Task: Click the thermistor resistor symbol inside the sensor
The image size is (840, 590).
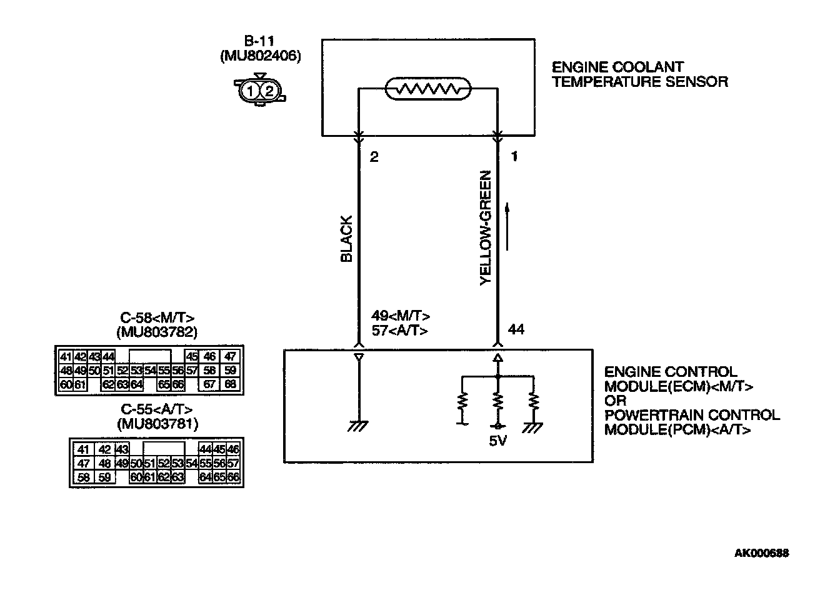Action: [x=427, y=89]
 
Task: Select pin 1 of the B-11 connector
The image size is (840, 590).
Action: [x=251, y=91]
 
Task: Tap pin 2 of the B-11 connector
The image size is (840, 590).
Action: [x=269, y=91]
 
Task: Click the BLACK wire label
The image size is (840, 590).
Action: [x=346, y=239]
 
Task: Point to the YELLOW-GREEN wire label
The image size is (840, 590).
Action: [x=486, y=228]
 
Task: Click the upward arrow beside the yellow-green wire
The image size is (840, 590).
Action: [x=507, y=225]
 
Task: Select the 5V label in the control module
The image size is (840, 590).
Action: [x=497, y=441]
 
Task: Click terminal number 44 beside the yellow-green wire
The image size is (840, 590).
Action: [x=516, y=329]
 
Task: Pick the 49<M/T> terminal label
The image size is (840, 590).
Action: [x=401, y=316]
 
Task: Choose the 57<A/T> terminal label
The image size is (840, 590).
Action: [x=400, y=331]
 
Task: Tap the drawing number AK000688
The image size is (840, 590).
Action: [x=761, y=553]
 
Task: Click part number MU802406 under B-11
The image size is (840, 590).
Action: [x=261, y=56]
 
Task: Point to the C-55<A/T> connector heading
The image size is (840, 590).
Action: [x=157, y=409]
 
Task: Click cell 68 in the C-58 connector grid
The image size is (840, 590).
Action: [x=230, y=384]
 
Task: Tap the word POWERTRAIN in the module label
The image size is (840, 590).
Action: [x=647, y=415]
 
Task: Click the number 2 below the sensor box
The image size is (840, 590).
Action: [x=374, y=157]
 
